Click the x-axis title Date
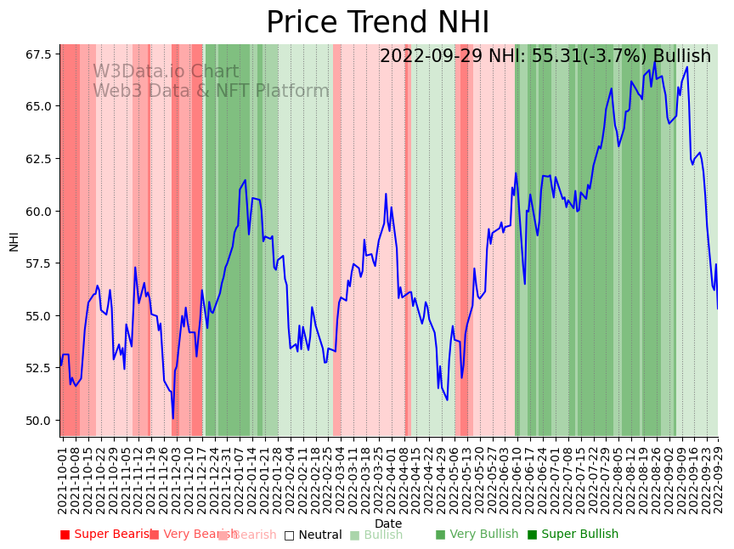coord(388,524)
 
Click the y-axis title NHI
coord(14,241)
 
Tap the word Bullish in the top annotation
coord(676,57)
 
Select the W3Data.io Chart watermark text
coord(166,72)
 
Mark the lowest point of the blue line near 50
coord(172,418)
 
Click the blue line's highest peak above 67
coord(655,60)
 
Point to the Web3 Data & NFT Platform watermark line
coord(211,92)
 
